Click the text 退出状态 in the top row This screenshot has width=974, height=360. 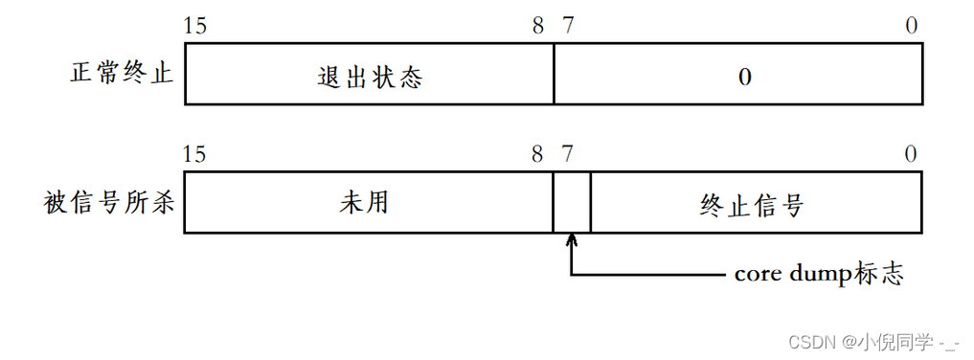[x=369, y=78]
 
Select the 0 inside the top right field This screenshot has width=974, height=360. [x=744, y=78]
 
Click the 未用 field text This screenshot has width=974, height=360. [x=364, y=203]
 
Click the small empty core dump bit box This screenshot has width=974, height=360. [x=572, y=203]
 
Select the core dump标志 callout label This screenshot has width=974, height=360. [x=819, y=274]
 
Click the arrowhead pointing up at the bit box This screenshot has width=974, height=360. [x=572, y=240]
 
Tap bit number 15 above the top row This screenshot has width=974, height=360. [x=194, y=26]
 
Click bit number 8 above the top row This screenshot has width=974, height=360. [x=538, y=26]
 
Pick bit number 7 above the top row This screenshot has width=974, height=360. [x=568, y=26]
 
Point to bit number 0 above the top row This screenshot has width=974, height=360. [x=911, y=26]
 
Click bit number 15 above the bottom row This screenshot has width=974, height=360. [x=194, y=154]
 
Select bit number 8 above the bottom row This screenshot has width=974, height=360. [x=538, y=154]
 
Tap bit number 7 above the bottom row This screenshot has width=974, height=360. [x=568, y=154]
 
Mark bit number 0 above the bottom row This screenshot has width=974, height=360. [x=911, y=154]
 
